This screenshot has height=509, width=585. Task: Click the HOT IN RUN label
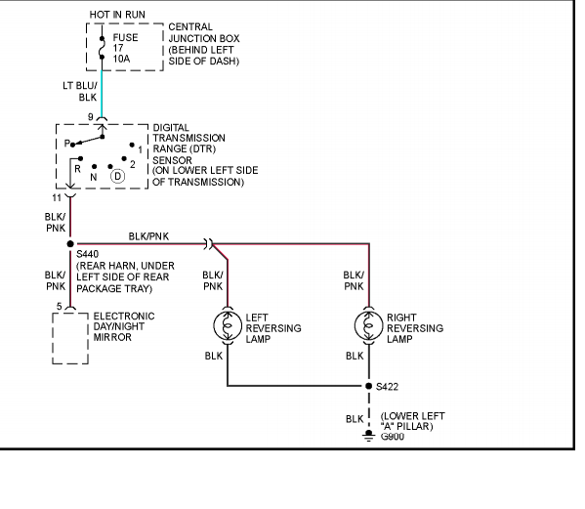pyautogui.click(x=117, y=15)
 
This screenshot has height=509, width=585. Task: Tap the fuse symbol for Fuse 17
pyautogui.click(x=102, y=48)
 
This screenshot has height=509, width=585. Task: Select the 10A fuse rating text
pyautogui.click(x=122, y=59)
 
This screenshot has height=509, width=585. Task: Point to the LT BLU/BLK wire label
pyautogui.click(x=80, y=92)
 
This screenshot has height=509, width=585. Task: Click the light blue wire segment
pyautogui.click(x=102, y=93)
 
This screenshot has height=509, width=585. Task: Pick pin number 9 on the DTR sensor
pyautogui.click(x=90, y=117)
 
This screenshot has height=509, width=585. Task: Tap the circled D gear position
pyautogui.click(x=117, y=176)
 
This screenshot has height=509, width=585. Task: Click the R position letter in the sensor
pyautogui.click(x=77, y=169)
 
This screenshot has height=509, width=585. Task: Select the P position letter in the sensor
pyautogui.click(x=66, y=144)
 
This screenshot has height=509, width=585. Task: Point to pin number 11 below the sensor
pyautogui.click(x=57, y=197)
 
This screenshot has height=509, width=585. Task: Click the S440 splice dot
pyautogui.click(x=70, y=244)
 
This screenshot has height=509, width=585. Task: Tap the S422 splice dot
pyautogui.click(x=368, y=386)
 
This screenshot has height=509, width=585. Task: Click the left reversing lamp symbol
pyautogui.click(x=228, y=325)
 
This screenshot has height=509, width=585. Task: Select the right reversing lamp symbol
pyautogui.click(x=368, y=325)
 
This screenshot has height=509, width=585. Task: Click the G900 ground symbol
pyautogui.click(x=368, y=436)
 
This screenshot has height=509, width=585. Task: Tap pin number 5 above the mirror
pyautogui.click(x=59, y=307)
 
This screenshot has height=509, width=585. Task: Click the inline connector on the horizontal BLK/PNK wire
pyautogui.click(x=208, y=244)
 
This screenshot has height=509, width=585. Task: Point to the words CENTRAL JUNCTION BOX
pyautogui.click(x=204, y=32)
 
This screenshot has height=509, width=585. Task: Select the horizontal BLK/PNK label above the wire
pyautogui.click(x=148, y=236)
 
